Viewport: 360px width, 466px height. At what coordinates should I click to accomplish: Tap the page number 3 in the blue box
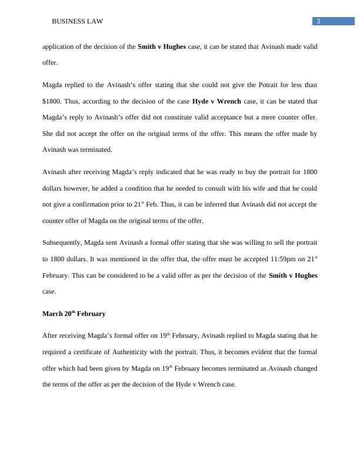(318, 22)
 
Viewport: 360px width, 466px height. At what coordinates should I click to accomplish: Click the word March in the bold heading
(52, 314)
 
